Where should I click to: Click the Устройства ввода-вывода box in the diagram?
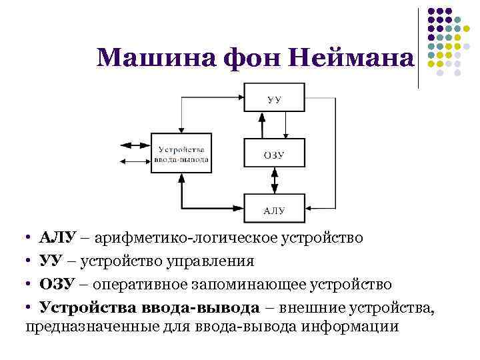point(181,154)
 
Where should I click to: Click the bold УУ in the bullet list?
point(52,261)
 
